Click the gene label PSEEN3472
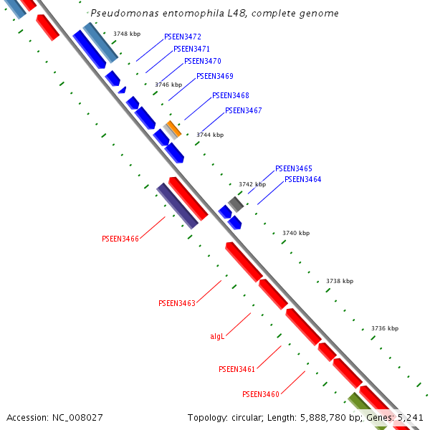tap(183, 37)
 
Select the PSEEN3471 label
tap(192, 49)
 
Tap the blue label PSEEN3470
tap(202, 62)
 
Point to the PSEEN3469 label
tap(215, 76)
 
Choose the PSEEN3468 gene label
tap(231, 95)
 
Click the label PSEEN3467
tap(244, 111)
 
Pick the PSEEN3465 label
tap(294, 168)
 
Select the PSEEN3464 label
tap(303, 179)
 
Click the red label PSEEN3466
tap(120, 239)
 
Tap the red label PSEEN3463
tap(177, 304)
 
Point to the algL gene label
tap(217, 335)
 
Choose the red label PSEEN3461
tap(237, 369)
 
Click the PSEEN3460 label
tap(261, 394)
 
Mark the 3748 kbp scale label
tap(127, 34)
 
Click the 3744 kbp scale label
tap(210, 135)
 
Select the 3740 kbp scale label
tap(296, 233)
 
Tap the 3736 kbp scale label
tap(385, 328)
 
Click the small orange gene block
tap(173, 129)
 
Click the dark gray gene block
tap(236, 204)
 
